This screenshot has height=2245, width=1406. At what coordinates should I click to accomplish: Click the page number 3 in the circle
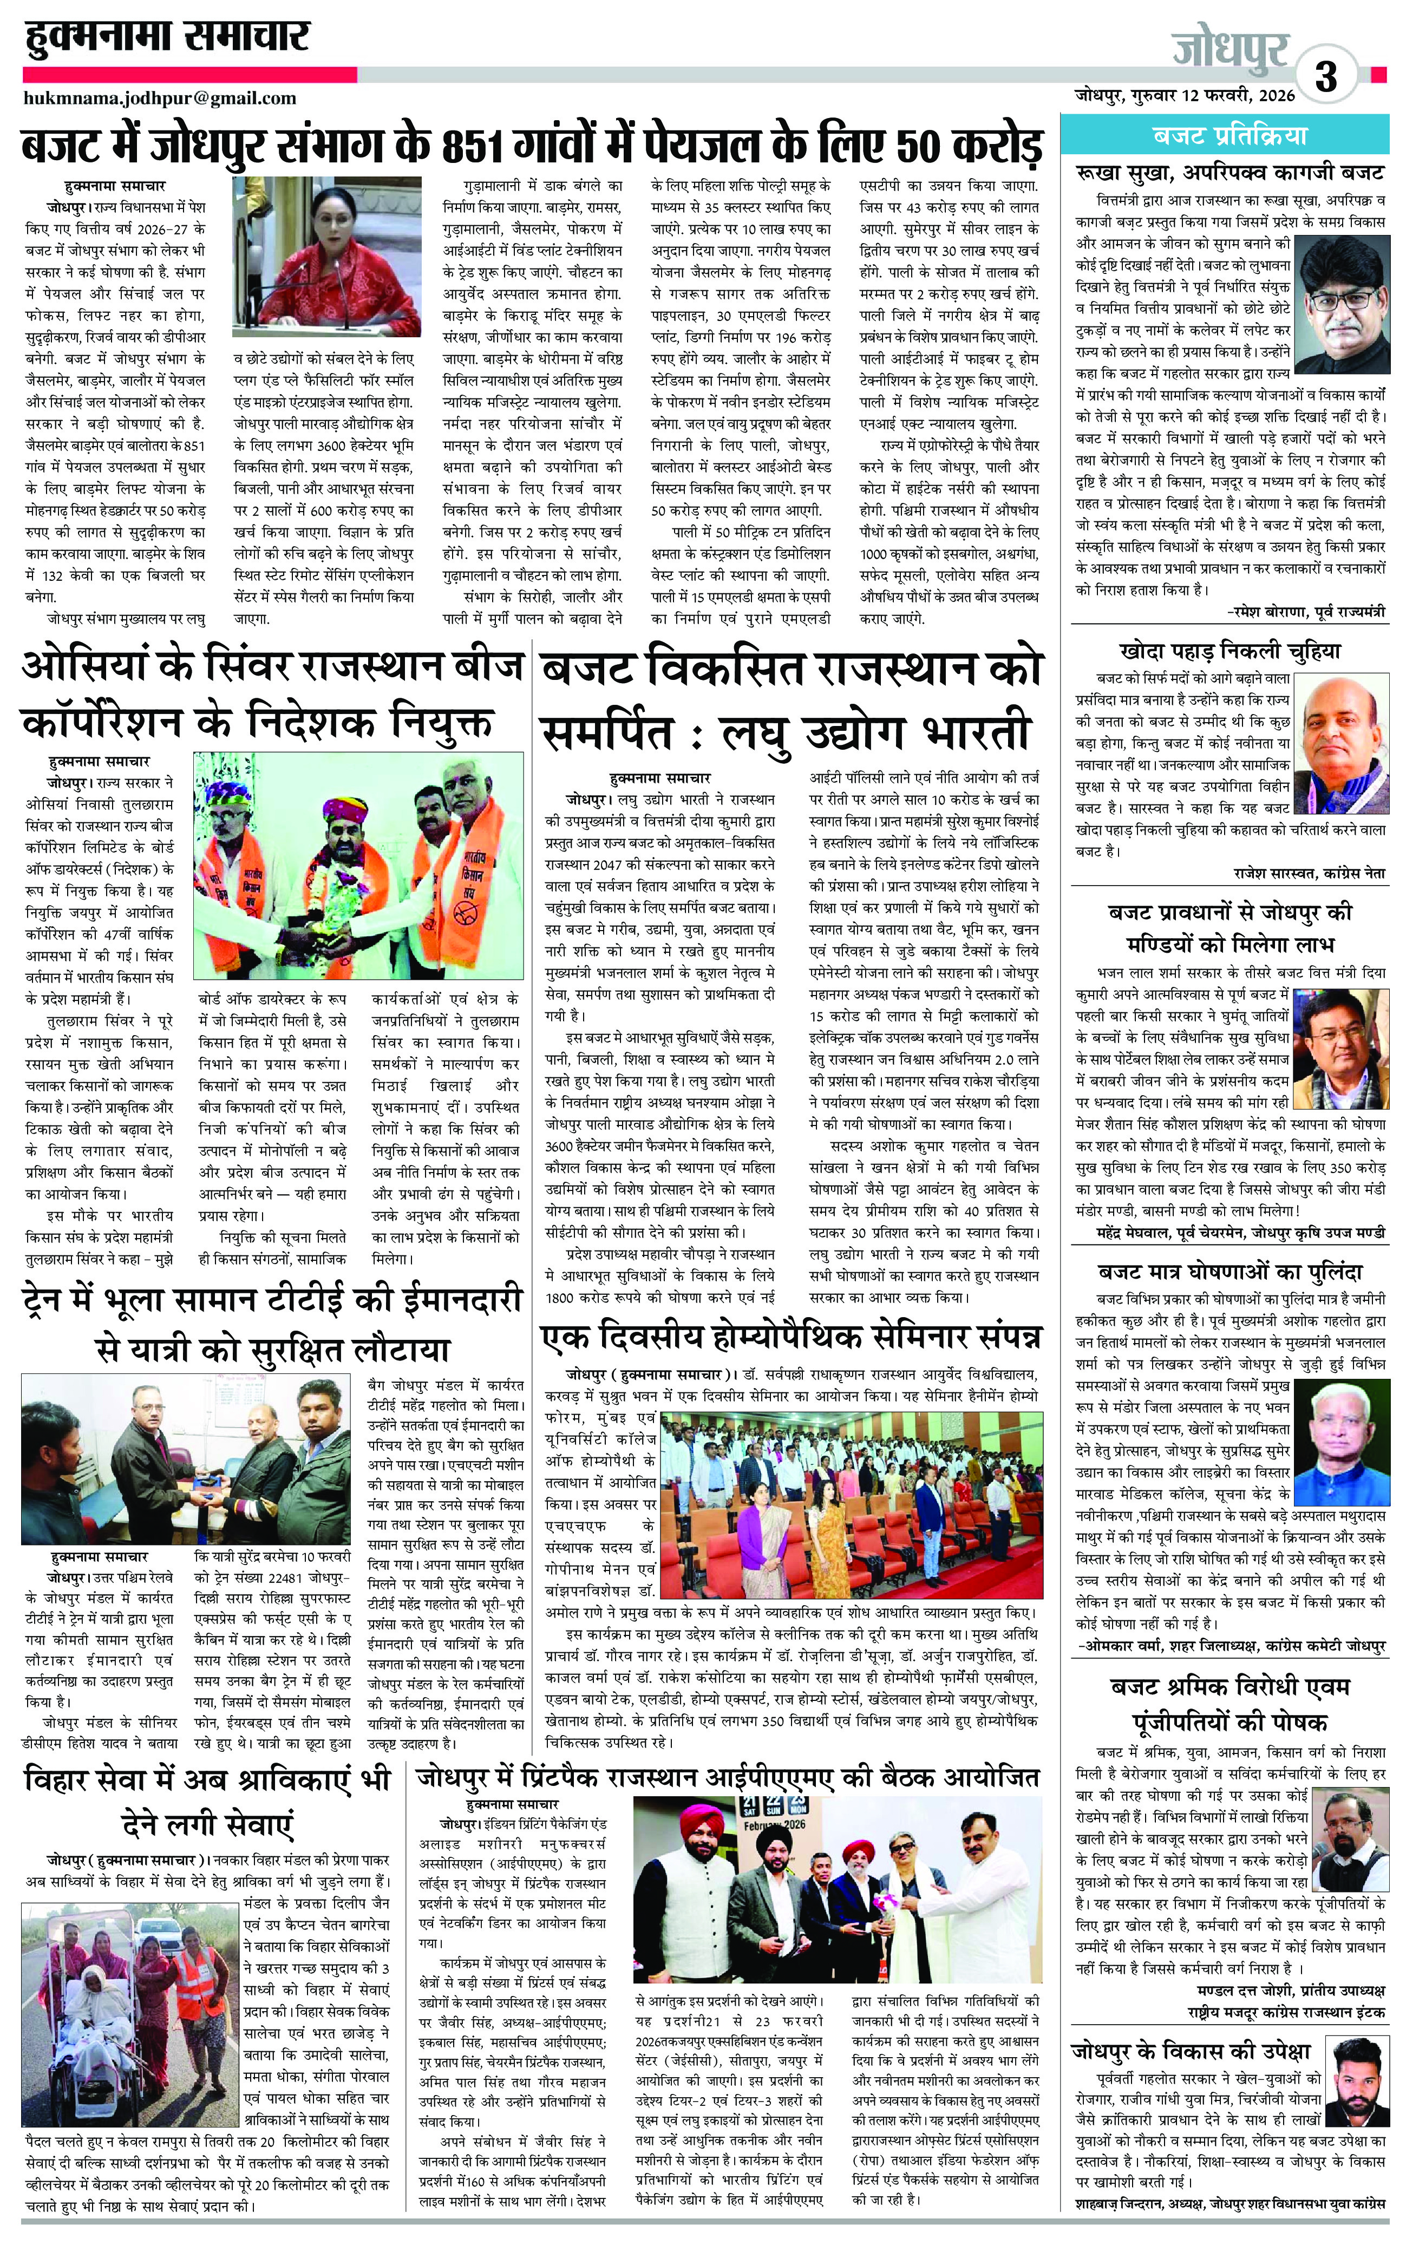click(x=1326, y=76)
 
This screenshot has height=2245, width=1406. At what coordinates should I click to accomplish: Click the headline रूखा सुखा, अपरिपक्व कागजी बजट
click(x=1230, y=173)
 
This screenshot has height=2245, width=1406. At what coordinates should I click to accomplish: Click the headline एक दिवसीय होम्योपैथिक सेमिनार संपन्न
click(x=790, y=1337)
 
